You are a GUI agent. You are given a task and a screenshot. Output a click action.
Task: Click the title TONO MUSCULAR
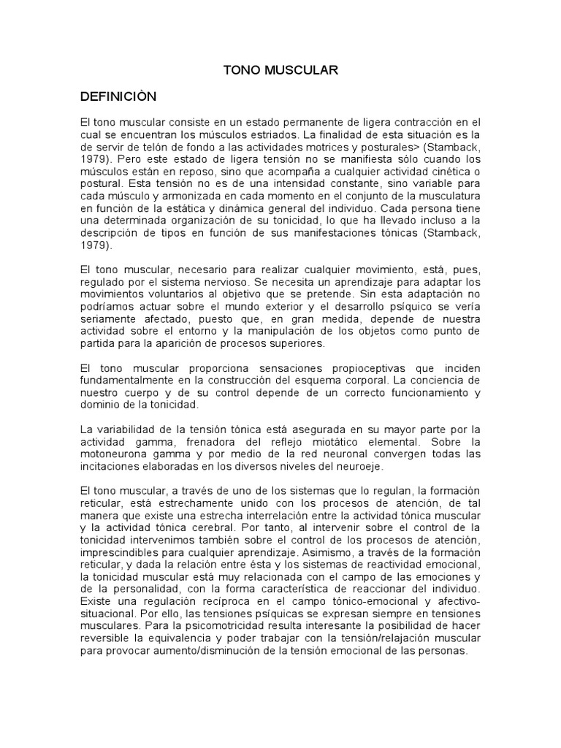[280, 71]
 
